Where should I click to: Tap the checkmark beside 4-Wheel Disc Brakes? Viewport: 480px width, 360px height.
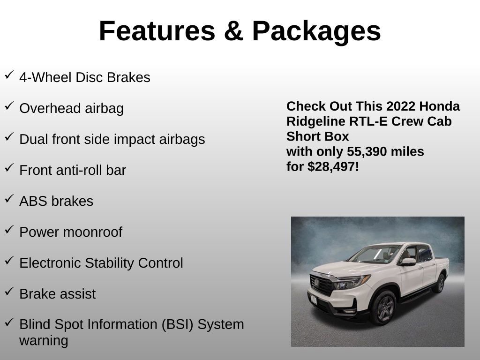[x=9, y=75]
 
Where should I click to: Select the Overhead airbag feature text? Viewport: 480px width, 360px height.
[x=71, y=108]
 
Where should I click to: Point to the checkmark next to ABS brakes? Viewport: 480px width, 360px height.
[x=9, y=199]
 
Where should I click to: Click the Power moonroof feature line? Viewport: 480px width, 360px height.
[x=70, y=232]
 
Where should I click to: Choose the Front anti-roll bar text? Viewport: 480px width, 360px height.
[x=73, y=170]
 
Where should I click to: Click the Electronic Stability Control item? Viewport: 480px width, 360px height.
[x=101, y=263]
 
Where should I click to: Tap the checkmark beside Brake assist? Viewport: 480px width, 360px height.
[x=9, y=292]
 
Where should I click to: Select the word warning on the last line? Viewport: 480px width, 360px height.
[x=44, y=340]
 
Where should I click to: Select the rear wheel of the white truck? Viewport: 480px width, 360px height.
[x=440, y=284]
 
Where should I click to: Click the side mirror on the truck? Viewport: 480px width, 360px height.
[x=408, y=262]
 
